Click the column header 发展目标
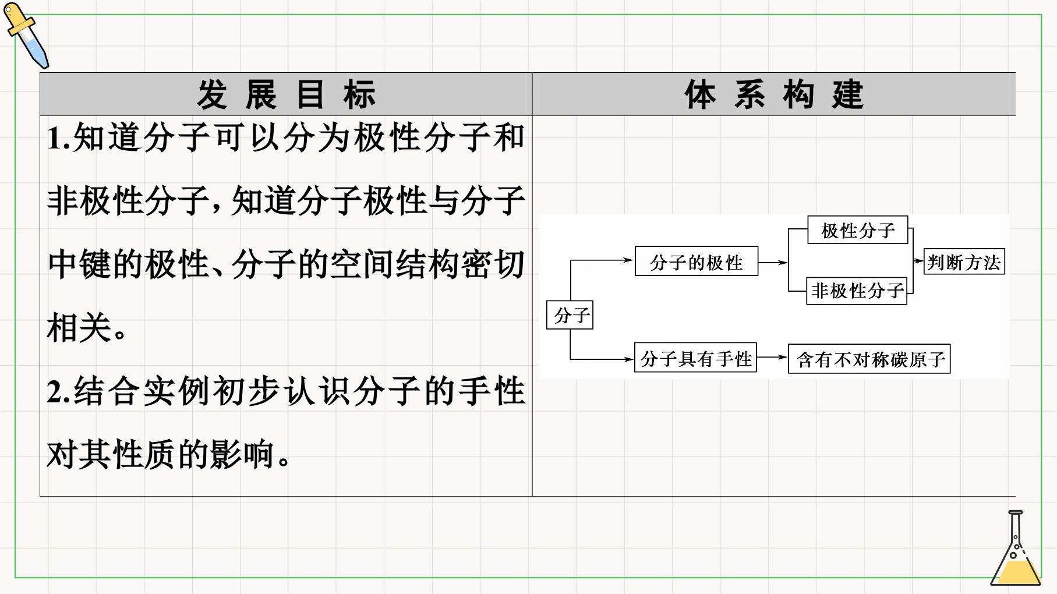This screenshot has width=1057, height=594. (x=286, y=94)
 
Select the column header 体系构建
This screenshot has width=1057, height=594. (x=774, y=94)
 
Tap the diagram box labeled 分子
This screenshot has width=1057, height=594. (x=570, y=315)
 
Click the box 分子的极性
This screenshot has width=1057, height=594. (x=697, y=261)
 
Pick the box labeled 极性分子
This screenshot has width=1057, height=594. (x=858, y=230)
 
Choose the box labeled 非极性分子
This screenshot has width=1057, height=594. (x=857, y=291)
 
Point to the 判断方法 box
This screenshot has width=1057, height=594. (x=964, y=262)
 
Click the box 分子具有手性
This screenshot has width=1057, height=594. (x=695, y=358)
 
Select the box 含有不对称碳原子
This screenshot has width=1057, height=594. (x=869, y=359)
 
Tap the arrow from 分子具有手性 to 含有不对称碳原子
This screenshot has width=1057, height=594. (x=772, y=358)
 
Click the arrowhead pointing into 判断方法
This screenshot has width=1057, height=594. (x=920, y=261)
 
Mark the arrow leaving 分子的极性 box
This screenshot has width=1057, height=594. (x=773, y=263)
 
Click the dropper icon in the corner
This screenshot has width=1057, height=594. (x=26, y=35)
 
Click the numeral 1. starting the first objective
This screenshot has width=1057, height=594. (x=59, y=139)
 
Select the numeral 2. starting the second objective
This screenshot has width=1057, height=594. (x=59, y=392)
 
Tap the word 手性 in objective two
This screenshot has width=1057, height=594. (x=492, y=391)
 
